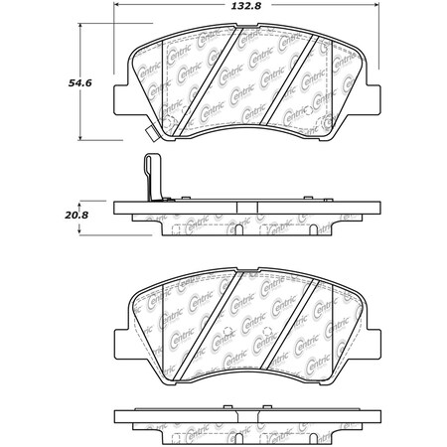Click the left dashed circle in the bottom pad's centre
227,331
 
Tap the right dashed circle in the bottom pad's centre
274,331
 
